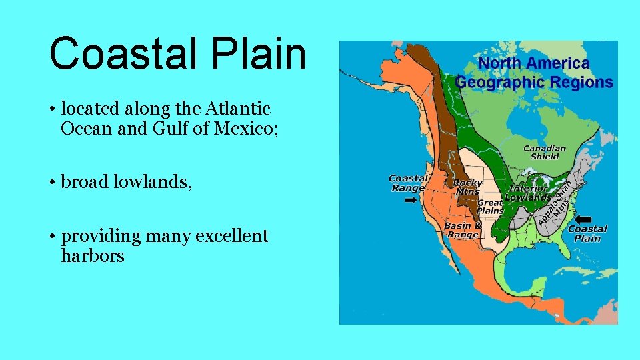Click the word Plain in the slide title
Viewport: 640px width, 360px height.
tap(267, 53)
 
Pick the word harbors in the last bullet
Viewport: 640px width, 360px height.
tap(92, 256)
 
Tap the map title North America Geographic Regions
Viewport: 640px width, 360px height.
tap(534, 73)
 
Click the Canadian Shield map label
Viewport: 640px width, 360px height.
tap(545, 152)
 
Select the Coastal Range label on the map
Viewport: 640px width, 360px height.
tap(408, 183)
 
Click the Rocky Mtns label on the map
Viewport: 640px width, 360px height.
tap(467, 187)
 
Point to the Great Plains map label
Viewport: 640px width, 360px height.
tap(490, 207)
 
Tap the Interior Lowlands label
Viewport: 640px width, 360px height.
tap(528, 193)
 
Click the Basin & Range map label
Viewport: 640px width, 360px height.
tap(463, 230)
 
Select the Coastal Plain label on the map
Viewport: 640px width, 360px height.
tap(587, 233)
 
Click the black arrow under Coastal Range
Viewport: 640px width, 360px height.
tap(411, 199)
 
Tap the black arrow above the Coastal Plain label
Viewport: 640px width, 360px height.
tap(584, 219)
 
